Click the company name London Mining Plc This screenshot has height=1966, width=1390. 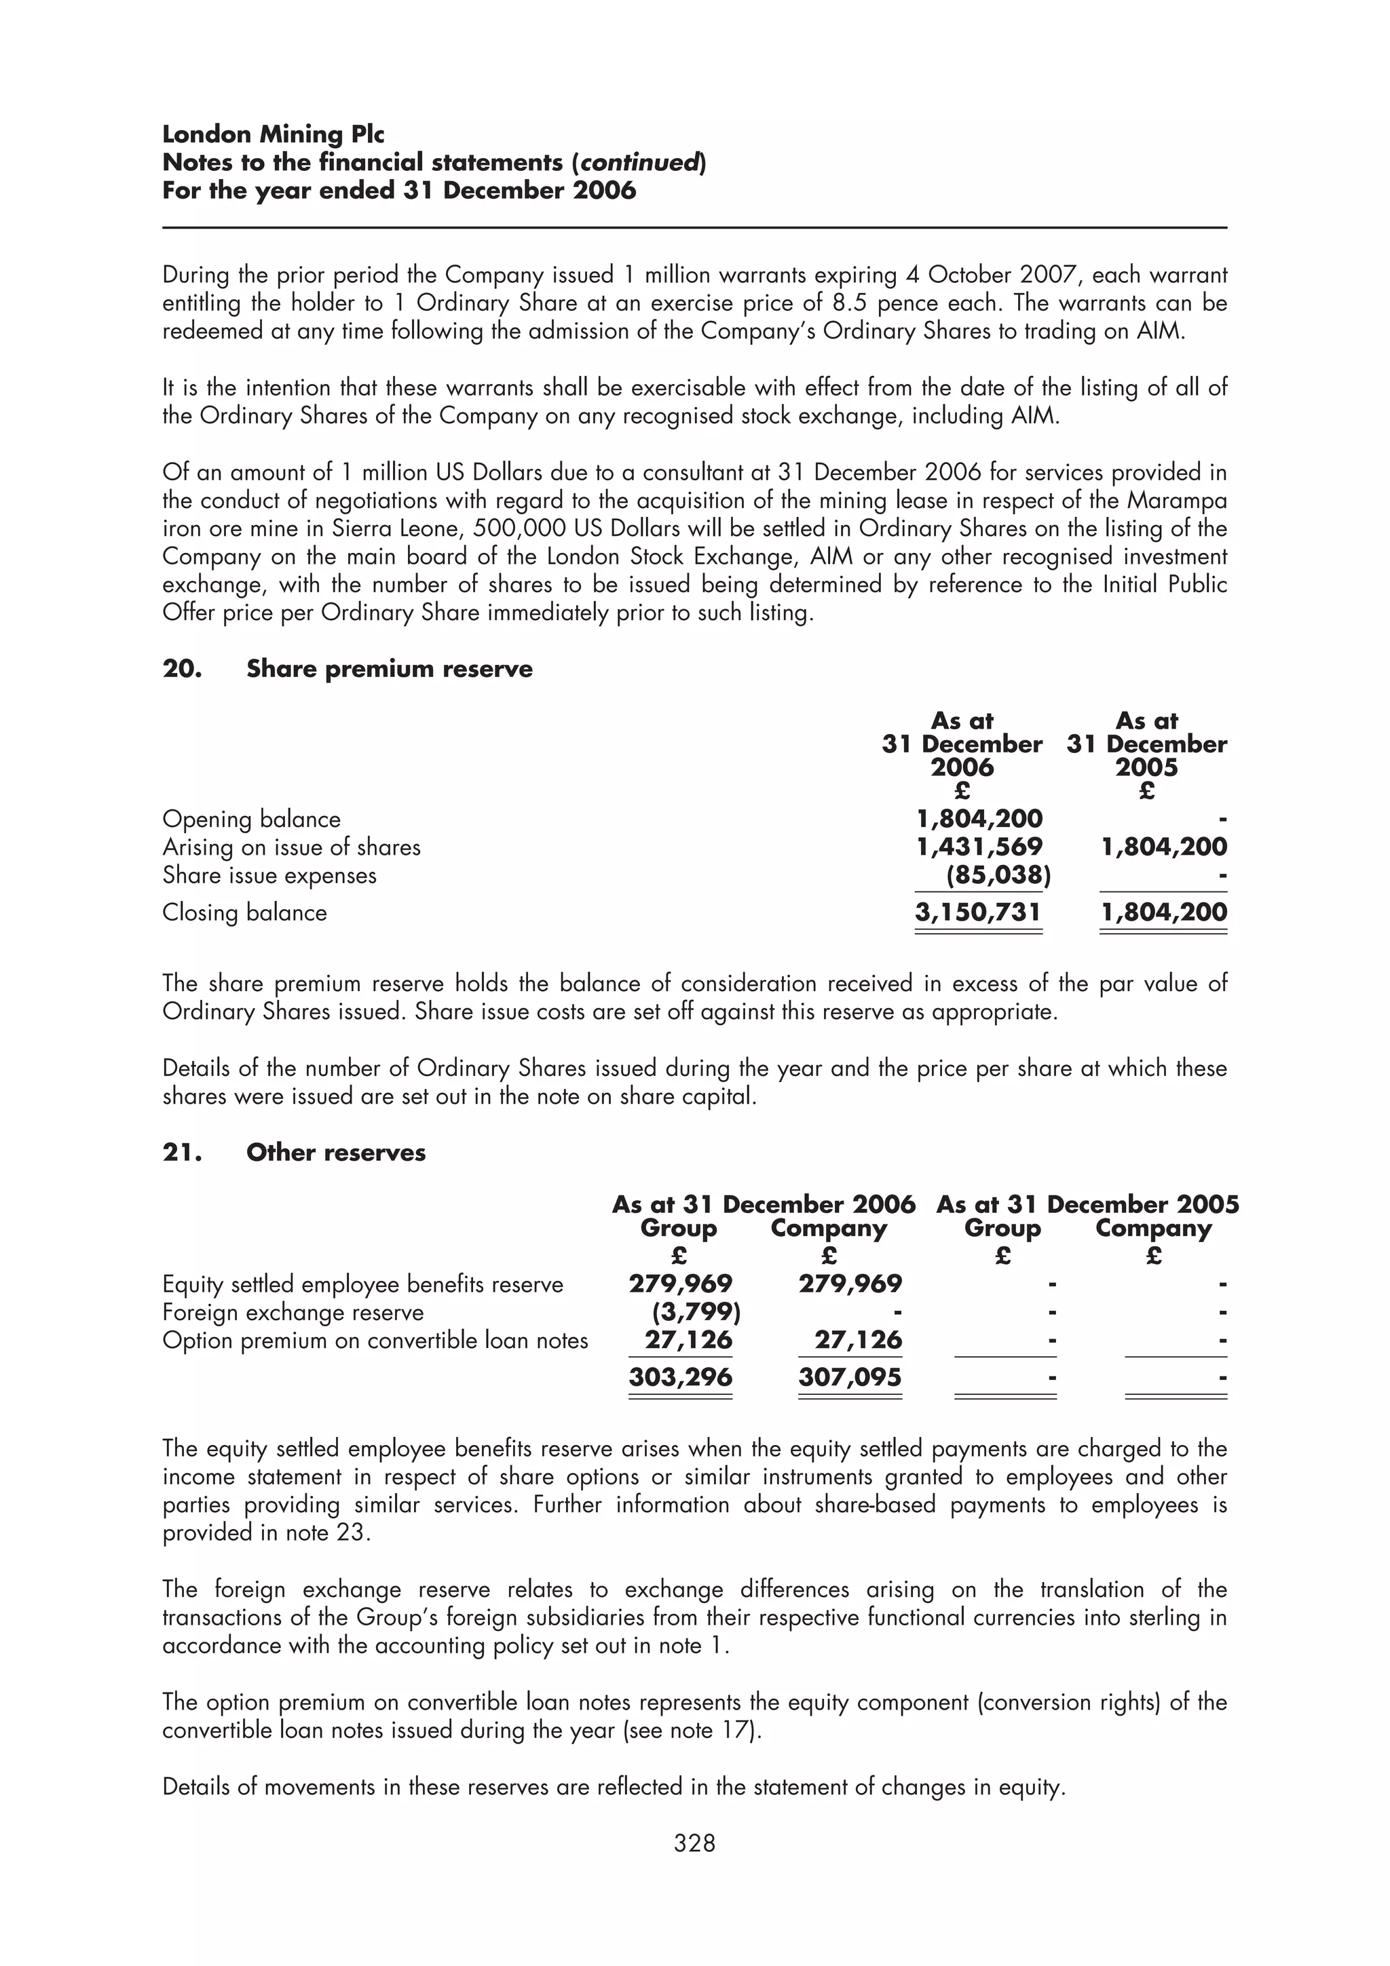274,134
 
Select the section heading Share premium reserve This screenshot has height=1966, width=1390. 389,669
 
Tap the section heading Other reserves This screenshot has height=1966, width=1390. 336,1153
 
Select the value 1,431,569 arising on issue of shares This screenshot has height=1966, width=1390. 979,847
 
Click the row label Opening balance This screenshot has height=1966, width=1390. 251,820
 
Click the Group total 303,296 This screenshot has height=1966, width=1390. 680,1377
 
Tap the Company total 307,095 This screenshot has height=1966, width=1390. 850,1377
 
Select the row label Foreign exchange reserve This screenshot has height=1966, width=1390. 293,1313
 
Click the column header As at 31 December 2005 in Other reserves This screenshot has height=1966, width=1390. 1087,1205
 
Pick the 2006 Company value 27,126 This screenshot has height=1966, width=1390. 857,1340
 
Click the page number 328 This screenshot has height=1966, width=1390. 694,1843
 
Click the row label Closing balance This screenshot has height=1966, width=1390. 244,913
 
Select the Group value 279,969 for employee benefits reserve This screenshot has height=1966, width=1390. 680,1284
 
